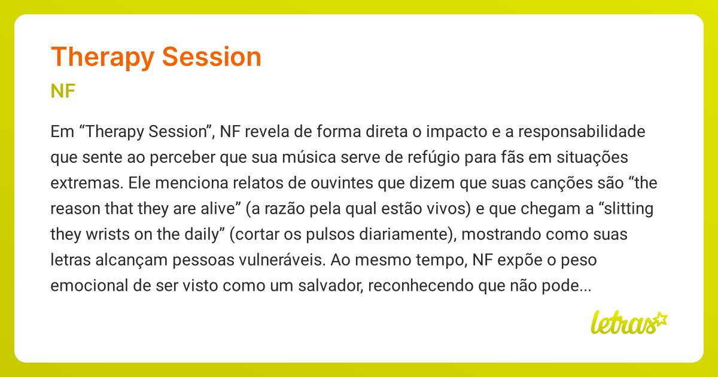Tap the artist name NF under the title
click(x=63, y=91)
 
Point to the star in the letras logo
click(x=660, y=318)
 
